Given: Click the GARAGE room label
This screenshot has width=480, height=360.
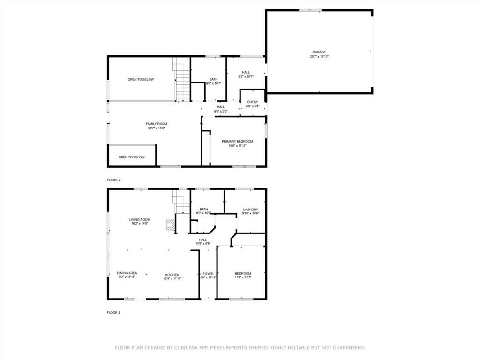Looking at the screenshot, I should pyautogui.click(x=319, y=52).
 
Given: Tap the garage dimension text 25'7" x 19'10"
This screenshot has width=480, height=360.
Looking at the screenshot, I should pyautogui.click(x=319, y=56).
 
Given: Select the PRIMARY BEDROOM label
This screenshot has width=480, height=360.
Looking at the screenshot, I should pyautogui.click(x=237, y=141).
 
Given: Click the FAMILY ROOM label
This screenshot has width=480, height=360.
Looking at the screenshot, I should pyautogui.click(x=156, y=124).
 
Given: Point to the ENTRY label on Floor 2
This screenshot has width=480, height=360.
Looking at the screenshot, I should pyautogui.click(x=252, y=102).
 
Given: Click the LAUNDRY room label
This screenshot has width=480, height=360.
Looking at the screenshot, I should pyautogui.click(x=250, y=210).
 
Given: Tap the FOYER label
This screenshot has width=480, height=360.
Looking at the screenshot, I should pyautogui.click(x=208, y=274).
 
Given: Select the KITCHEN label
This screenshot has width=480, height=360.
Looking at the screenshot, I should pyautogui.click(x=172, y=275).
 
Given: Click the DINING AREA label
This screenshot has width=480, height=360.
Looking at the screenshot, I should pyautogui.click(x=127, y=273).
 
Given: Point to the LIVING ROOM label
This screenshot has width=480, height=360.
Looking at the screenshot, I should pyautogui.click(x=140, y=219).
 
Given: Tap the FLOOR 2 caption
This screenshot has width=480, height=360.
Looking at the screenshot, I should pyautogui.click(x=114, y=180).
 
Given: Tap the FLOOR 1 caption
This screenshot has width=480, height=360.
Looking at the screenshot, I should pyautogui.click(x=114, y=312).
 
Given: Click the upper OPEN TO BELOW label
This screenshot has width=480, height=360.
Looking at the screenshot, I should pyautogui.click(x=141, y=80).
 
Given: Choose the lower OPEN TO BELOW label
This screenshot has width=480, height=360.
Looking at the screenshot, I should pyautogui.click(x=131, y=157).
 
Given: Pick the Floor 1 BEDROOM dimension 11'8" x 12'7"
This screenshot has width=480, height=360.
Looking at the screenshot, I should pyautogui.click(x=243, y=278).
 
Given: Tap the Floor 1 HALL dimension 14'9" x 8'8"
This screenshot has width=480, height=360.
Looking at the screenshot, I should pyautogui.click(x=203, y=243).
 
